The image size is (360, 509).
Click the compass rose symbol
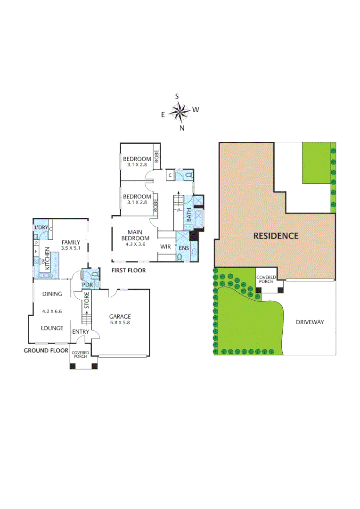click(179, 112)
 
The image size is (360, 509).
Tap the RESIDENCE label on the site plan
click(276, 236)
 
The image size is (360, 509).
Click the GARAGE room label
click(120, 317)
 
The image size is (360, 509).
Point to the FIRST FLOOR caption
click(129, 271)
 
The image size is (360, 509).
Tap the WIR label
click(165, 246)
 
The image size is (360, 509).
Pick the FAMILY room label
click(71, 243)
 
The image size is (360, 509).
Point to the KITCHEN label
click(47, 258)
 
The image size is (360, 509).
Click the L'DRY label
click(41, 228)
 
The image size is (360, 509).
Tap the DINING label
click(52, 294)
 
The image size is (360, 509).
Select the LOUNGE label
click(52, 328)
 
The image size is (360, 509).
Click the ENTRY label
click(81, 332)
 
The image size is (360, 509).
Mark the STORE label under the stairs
click(87, 301)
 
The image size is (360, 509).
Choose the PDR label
click(87, 285)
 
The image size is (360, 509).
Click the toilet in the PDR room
click(94, 273)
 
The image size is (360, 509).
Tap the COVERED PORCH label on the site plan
click(266, 279)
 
